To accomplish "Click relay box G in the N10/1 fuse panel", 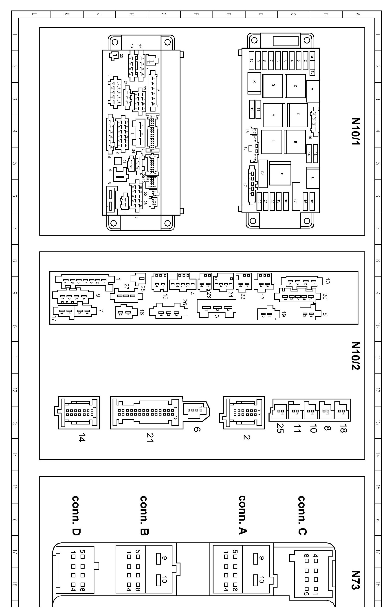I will (x=273, y=86).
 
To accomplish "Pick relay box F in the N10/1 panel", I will (x=281, y=174).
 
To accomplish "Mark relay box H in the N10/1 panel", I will (x=273, y=115).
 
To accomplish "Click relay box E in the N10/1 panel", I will (x=295, y=142).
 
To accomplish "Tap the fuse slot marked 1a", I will (x=312, y=56).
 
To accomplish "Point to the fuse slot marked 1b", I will (x=312, y=73).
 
